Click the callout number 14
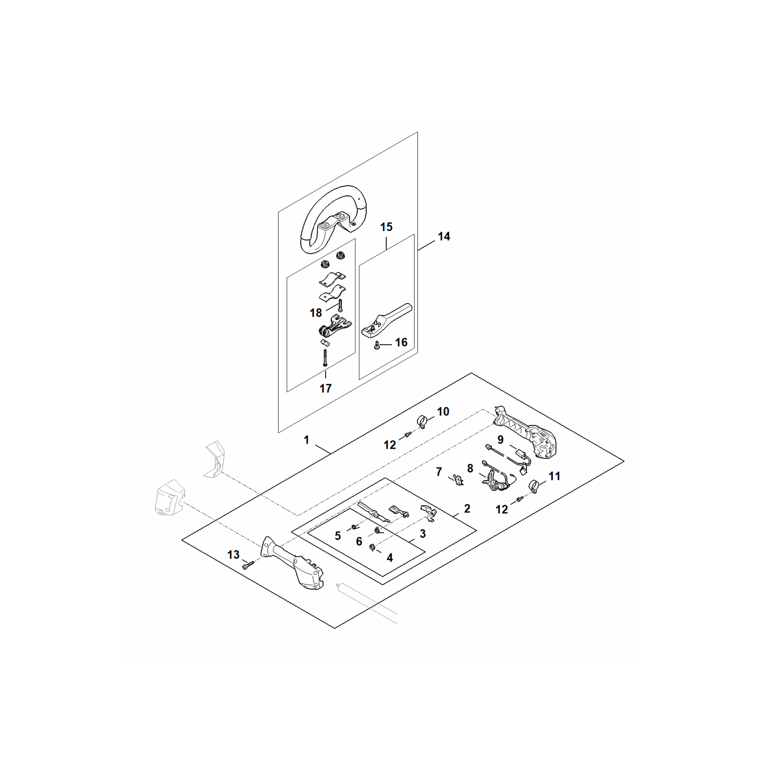coord(444,236)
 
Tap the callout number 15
coord(387,227)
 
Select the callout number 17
coord(325,389)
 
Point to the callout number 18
coord(316,313)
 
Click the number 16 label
coord(401,342)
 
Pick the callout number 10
coord(443,411)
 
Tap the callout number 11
coord(555,476)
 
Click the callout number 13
coord(233,555)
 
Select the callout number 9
coord(500,440)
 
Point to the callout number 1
coord(306,440)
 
